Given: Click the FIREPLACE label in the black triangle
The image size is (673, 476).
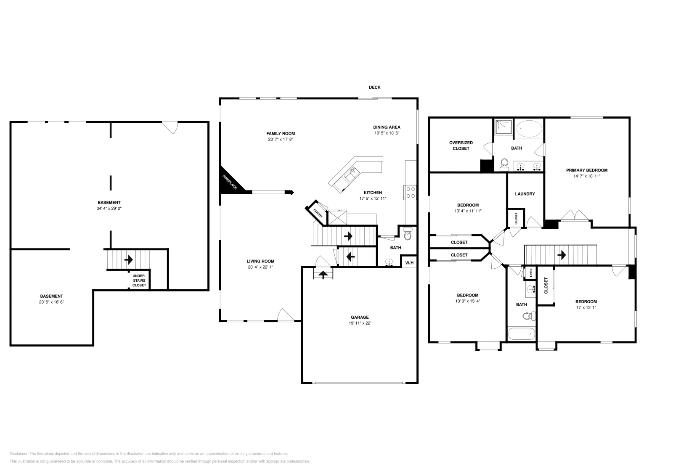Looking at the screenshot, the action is tap(230, 182).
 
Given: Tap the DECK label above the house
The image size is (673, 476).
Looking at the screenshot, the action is tap(375, 87).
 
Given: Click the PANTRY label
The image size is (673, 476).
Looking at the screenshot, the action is tap(318, 213).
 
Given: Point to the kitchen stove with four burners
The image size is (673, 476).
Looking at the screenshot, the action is tap(411, 192).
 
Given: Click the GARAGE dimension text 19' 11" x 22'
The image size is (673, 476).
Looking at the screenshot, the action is tap(360, 323).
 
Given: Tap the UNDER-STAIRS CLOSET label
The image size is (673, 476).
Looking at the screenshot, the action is tap(139, 280).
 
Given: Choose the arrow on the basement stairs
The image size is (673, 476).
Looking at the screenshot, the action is tap(129, 259).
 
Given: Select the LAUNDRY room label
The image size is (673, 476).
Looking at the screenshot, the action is tap(525, 194).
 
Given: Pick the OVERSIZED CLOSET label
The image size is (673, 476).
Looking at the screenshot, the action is tap(461, 145).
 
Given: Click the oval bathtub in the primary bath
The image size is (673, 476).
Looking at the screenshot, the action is tap(529, 129).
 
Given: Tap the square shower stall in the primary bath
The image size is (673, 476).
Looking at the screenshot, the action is tap(503, 127).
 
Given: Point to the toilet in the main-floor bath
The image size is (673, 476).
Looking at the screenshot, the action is tap(408, 233).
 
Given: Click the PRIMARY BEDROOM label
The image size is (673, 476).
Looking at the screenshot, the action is tap(587, 170).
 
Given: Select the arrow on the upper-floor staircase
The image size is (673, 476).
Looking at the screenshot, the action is tap(562, 255).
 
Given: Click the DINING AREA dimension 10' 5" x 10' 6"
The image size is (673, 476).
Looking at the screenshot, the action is tap(387, 133).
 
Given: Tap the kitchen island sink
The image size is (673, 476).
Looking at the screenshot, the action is tap(352, 175).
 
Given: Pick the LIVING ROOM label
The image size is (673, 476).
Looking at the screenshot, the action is tap(260, 261).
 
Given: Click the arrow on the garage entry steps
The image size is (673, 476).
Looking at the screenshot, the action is tap(323, 275).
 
